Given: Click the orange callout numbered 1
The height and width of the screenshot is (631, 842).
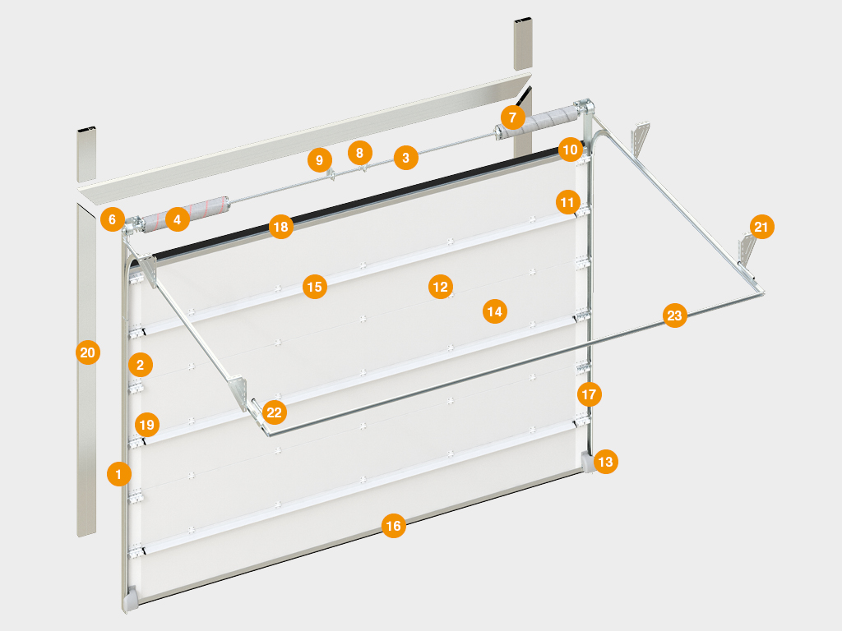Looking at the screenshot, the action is point(118,474).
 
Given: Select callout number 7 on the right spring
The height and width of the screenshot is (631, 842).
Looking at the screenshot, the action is point(513,117).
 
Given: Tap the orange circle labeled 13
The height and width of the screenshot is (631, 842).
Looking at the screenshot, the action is point(605,462).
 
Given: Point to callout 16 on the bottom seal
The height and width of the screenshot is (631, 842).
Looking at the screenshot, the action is point(394,525).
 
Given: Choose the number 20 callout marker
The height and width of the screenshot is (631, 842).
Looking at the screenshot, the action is point(87,352).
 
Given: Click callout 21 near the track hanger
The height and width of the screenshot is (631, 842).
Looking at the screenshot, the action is point(761,227).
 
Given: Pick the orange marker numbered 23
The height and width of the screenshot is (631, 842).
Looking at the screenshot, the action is point(674,315).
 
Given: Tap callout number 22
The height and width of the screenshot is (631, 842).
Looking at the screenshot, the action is point(275,412).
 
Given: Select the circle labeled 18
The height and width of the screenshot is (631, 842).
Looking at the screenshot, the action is point(281,227).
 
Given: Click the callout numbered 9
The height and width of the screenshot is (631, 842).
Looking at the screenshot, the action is point(320,160).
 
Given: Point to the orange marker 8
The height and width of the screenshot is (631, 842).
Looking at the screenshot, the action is point(360,153).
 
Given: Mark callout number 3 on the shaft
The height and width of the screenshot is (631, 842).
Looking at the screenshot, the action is point(406,158).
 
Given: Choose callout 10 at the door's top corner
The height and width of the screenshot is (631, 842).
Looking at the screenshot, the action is point(571,150).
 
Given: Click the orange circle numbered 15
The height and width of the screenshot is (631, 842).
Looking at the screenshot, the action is point(315,287).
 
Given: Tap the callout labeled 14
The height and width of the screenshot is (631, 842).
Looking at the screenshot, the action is point(494,311).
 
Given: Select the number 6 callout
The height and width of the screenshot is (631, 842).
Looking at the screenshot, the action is point(112,219).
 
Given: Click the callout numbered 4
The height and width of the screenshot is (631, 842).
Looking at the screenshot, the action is point(178,219).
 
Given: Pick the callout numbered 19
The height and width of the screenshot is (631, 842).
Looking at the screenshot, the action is point(146,425).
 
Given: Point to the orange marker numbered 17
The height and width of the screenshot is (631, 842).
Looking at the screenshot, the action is point(589,394).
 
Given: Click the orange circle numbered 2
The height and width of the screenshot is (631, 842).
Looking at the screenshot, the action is point(141,365).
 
